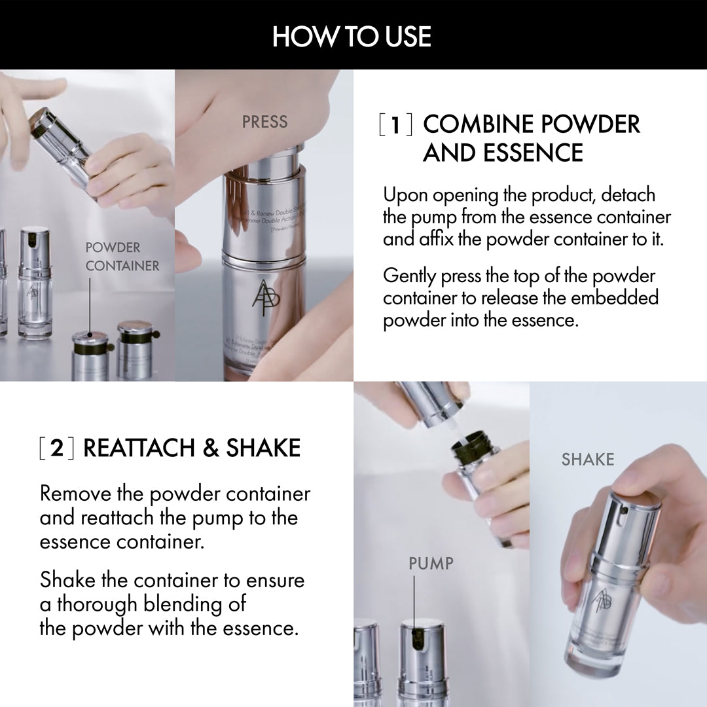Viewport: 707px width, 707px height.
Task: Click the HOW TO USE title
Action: (352, 36)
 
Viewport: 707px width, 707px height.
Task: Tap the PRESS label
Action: (264, 122)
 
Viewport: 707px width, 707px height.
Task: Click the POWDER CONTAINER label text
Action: (122, 257)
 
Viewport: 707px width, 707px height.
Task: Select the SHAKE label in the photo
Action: (587, 460)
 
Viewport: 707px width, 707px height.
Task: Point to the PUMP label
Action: (431, 562)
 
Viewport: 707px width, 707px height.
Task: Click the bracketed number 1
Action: (395, 124)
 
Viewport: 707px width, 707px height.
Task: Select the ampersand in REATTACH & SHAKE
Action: (209, 448)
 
